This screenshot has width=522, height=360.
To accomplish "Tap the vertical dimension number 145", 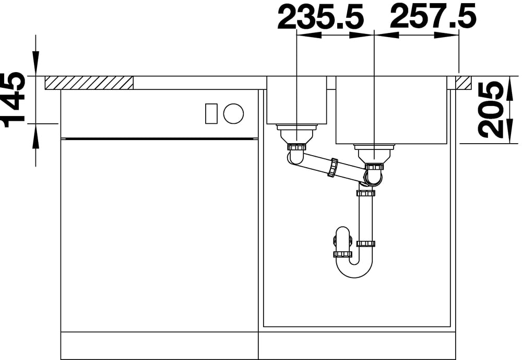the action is tap(14, 100).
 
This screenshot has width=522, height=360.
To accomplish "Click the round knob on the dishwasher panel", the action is tap(233, 113).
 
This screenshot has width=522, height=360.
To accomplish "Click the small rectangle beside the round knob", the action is tap(211, 114).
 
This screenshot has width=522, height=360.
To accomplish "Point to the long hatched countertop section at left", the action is tap(89, 83).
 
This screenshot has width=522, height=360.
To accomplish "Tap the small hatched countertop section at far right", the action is tap(464, 83).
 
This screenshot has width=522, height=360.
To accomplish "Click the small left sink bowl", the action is tap(297, 100).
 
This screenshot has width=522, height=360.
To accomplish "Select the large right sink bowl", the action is tap(391, 110).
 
